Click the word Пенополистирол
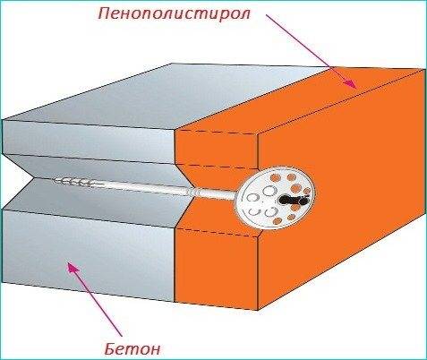(x=174, y=14)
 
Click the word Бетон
(x=133, y=348)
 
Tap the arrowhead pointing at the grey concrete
(x=73, y=268)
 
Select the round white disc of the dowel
(x=278, y=198)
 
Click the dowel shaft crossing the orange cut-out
(x=216, y=194)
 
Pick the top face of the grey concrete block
(x=167, y=96)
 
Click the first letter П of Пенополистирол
(x=105, y=13)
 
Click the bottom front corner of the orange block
(x=258, y=310)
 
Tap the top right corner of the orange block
(x=423, y=69)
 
